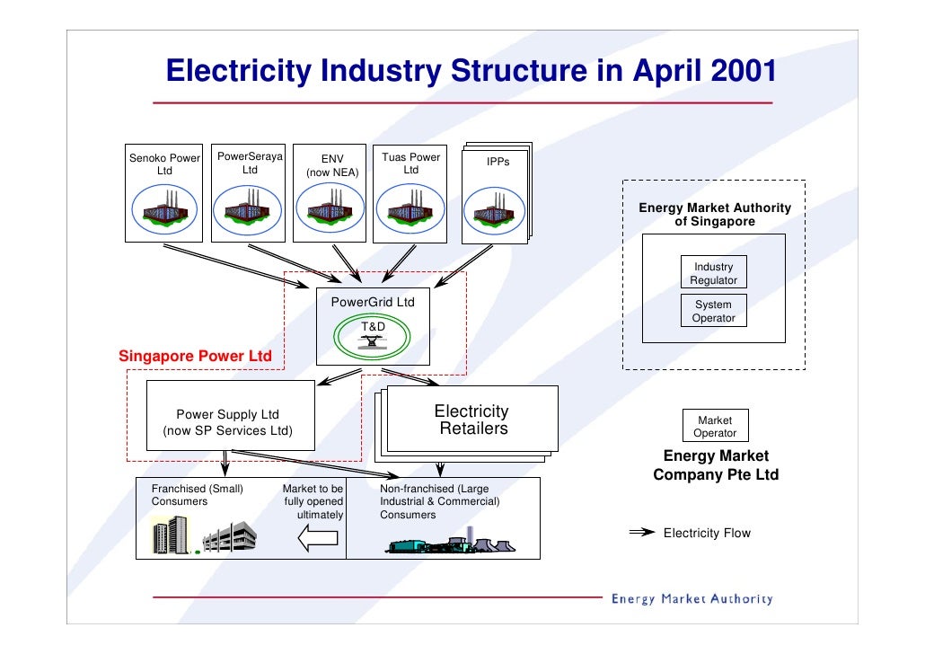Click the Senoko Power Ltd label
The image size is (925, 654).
point(164,164)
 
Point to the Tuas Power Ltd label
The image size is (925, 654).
point(411,163)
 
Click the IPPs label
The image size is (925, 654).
point(498,162)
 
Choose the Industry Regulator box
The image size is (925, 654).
point(713,274)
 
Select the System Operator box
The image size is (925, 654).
point(713,312)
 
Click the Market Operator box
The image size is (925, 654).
point(714,427)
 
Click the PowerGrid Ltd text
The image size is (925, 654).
point(373,303)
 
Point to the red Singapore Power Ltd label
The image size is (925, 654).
point(195,357)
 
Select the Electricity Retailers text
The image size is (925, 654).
point(472,420)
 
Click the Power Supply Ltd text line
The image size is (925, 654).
point(227,415)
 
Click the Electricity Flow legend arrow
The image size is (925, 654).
point(640,533)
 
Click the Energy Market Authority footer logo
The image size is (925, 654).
point(692,599)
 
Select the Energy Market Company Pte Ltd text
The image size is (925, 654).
point(716,465)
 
